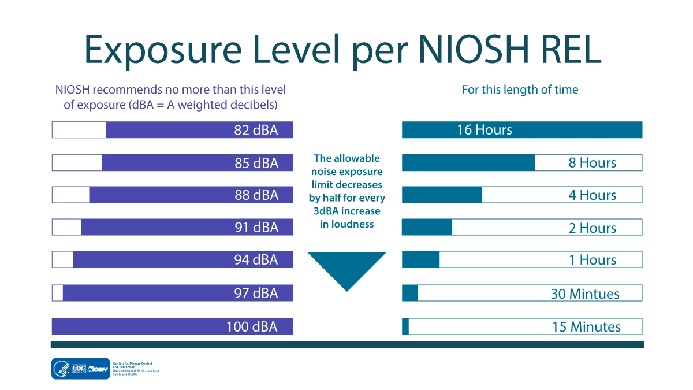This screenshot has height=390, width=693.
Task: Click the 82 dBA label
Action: (256, 130)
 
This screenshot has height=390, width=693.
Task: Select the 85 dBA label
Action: (256, 163)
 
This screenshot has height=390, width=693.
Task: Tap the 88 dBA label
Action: (256, 195)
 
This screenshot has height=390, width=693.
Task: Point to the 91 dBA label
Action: (256, 228)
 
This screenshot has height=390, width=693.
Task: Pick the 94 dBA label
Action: (256, 260)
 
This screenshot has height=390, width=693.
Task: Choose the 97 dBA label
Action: (256, 293)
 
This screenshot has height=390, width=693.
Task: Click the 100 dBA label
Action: (252, 326)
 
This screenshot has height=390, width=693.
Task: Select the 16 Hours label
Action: (485, 130)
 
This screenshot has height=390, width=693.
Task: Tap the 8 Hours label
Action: (593, 163)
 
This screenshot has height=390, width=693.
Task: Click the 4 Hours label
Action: (593, 195)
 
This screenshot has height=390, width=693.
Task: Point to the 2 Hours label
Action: (593, 228)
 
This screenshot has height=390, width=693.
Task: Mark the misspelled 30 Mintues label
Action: (585, 294)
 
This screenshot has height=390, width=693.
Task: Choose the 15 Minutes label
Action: (586, 326)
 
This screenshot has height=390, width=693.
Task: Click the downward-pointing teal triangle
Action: (346, 269)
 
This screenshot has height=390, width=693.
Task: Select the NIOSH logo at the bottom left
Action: (98, 369)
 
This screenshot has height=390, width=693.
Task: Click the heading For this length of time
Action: (520, 90)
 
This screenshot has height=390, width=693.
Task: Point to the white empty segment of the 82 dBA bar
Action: (79, 130)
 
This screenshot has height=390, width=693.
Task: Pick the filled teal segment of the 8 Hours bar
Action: (468, 163)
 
